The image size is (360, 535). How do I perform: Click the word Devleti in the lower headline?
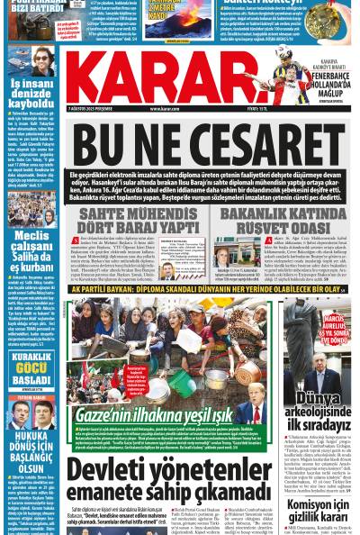(116, 469)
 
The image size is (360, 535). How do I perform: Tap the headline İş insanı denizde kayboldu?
(31, 93)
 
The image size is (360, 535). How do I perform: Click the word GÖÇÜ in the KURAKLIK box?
(31, 369)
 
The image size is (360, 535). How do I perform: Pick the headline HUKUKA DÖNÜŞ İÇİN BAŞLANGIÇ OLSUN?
(31, 449)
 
